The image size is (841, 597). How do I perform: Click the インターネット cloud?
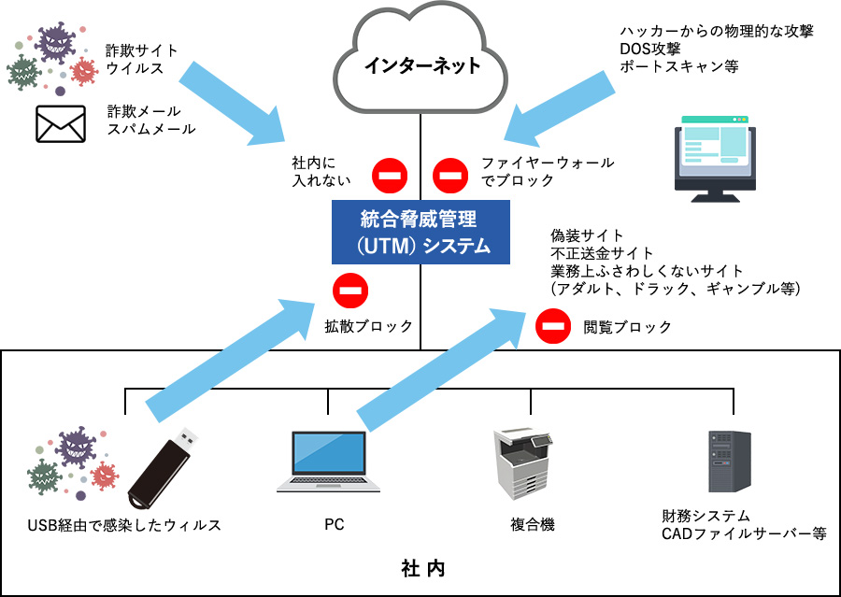pos(421,62)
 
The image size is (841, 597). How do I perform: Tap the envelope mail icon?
pos(61,123)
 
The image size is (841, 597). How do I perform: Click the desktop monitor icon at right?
pos(715,159)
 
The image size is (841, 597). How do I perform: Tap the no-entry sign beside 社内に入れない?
pos(389,173)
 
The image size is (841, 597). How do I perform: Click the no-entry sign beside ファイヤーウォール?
pos(450,173)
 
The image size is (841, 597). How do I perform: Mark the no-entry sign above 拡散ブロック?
pos(350,291)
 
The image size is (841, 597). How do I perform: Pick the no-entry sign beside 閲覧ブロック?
pos(552,326)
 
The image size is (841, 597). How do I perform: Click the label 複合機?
pos(532,525)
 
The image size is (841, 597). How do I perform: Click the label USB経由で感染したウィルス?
pos(124,525)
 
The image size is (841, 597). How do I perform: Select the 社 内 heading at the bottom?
pos(421,568)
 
